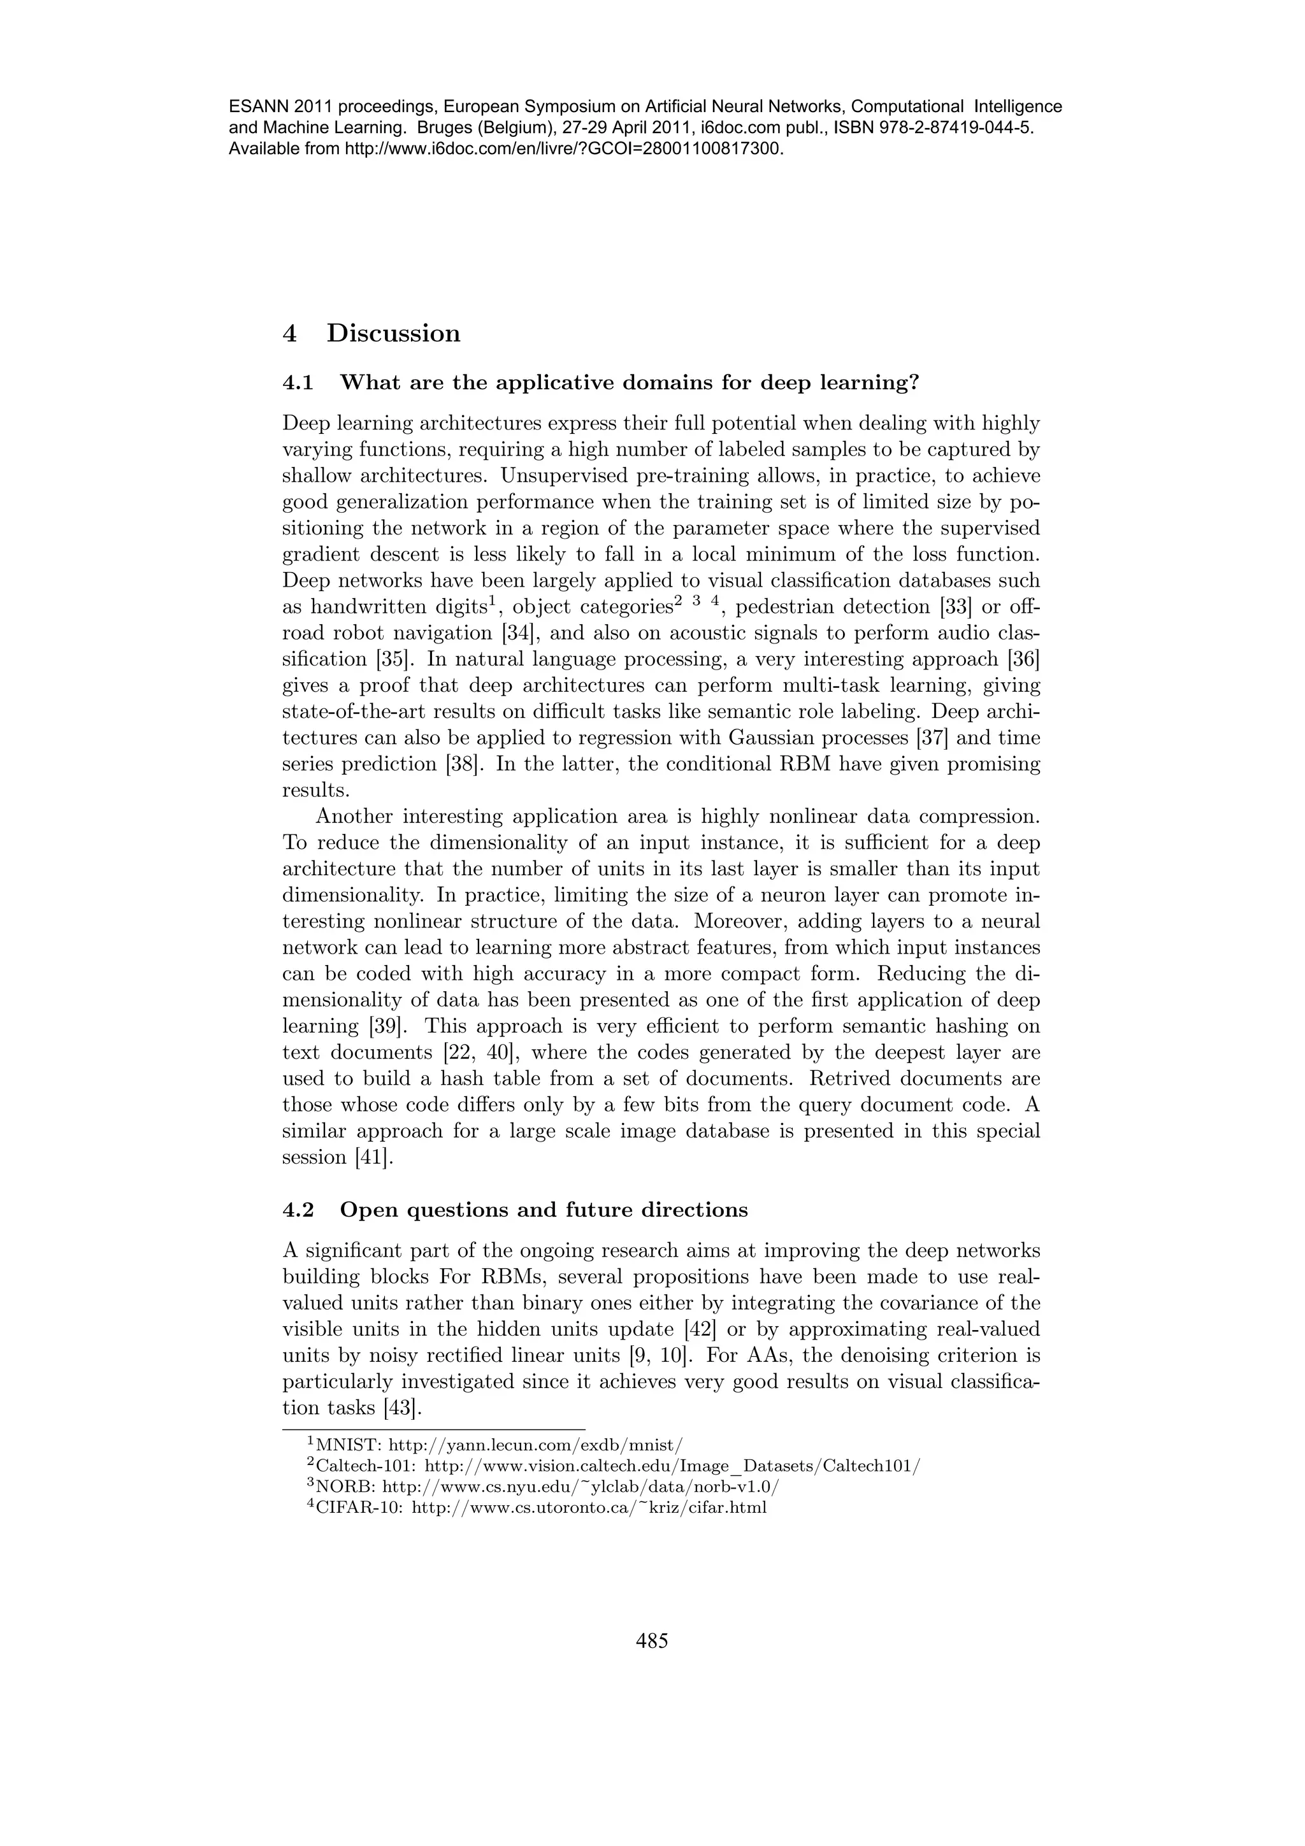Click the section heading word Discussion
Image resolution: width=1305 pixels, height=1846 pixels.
[393, 333]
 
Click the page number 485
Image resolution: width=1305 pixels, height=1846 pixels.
[652, 1641]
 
